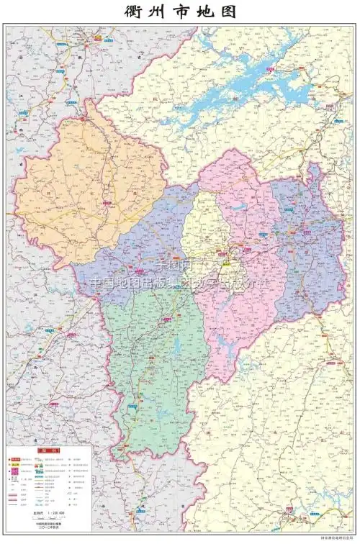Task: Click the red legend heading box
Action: (49, 451)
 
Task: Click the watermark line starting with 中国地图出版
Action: (180, 283)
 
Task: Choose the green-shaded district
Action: (155, 360)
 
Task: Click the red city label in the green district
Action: (134, 407)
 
